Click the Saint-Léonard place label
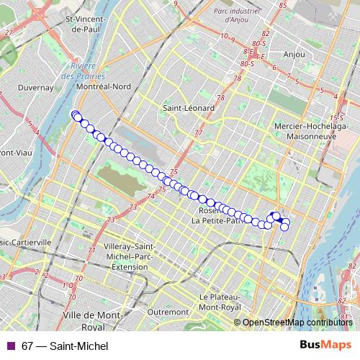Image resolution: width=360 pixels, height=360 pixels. coord(189,108)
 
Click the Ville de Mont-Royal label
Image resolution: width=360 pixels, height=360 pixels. coord(93,320)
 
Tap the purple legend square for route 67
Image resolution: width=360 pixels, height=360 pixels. coord(10,346)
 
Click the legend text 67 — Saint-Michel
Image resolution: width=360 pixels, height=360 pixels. coord(65,346)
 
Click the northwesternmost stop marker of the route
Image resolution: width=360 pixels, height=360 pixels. coord(74,114)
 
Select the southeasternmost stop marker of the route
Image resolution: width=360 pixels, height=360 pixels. coord(284,228)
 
